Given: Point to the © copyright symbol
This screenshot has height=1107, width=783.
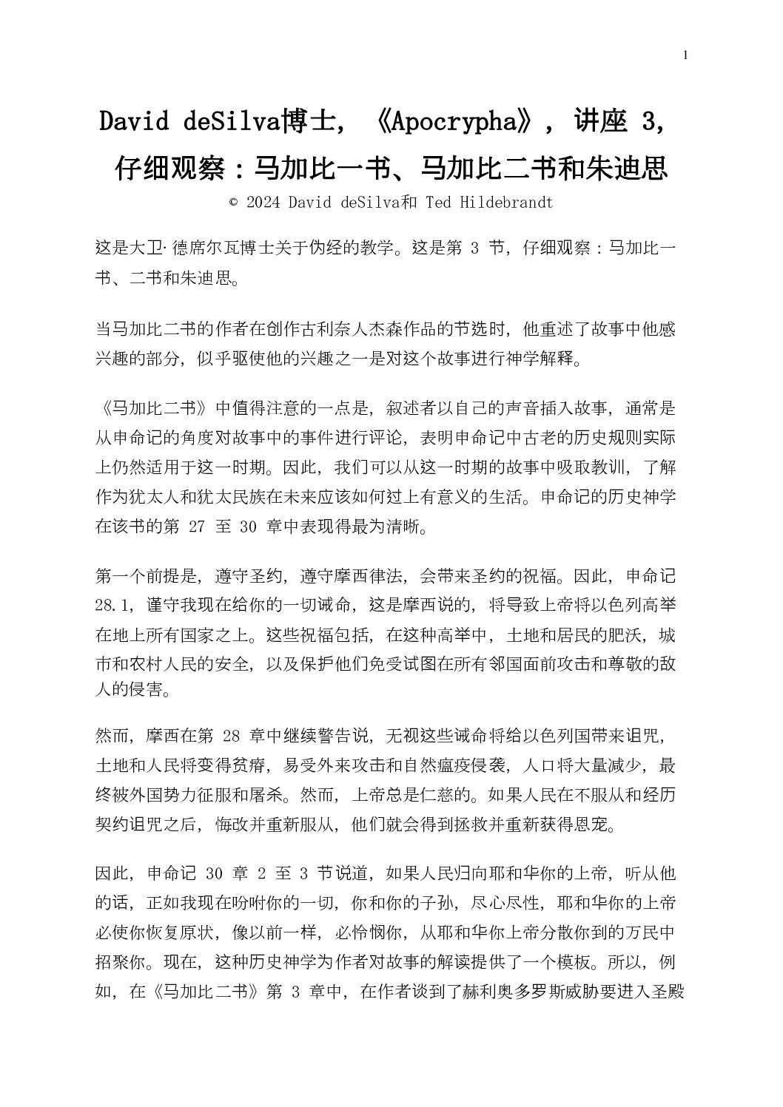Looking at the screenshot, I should coord(234,203).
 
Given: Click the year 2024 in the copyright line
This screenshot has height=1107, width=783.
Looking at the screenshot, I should coord(264,203).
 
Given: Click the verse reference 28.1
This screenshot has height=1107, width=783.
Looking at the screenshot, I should coord(115,603).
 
